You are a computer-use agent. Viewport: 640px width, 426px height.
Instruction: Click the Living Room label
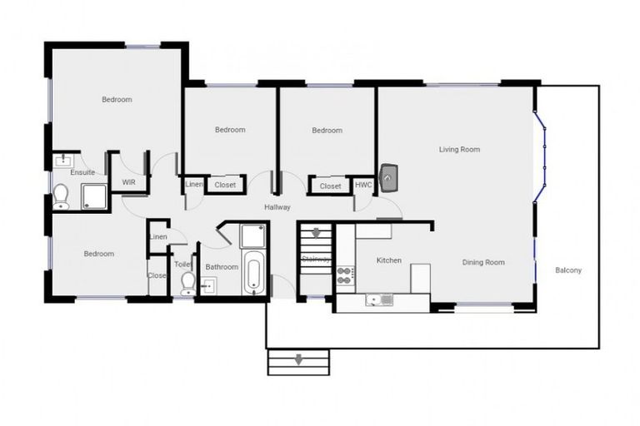tap(459, 150)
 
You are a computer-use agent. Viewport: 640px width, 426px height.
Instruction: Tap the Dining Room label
tap(484, 263)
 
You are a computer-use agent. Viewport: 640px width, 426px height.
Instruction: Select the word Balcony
tap(568, 270)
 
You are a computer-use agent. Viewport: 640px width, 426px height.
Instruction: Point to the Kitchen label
tap(389, 260)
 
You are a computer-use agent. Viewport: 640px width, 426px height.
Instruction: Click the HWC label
tap(363, 186)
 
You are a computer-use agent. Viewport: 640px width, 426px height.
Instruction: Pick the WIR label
tap(129, 181)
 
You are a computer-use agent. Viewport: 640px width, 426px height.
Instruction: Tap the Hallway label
tap(277, 207)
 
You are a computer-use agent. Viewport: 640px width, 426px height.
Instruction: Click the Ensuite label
tap(82, 172)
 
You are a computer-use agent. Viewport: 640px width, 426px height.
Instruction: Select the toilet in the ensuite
tap(61, 196)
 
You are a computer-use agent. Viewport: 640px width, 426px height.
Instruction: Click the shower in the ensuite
tap(93, 196)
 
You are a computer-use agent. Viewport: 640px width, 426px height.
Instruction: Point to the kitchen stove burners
tap(345, 275)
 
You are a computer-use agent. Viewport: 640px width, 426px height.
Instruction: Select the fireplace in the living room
tap(389, 176)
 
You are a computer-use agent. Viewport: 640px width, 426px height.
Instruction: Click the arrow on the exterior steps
tap(297, 361)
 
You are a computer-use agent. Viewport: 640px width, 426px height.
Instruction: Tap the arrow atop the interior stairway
tap(317, 233)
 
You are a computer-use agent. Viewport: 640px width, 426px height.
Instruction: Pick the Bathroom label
tap(222, 267)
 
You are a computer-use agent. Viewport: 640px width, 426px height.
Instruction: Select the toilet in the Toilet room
tap(187, 283)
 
